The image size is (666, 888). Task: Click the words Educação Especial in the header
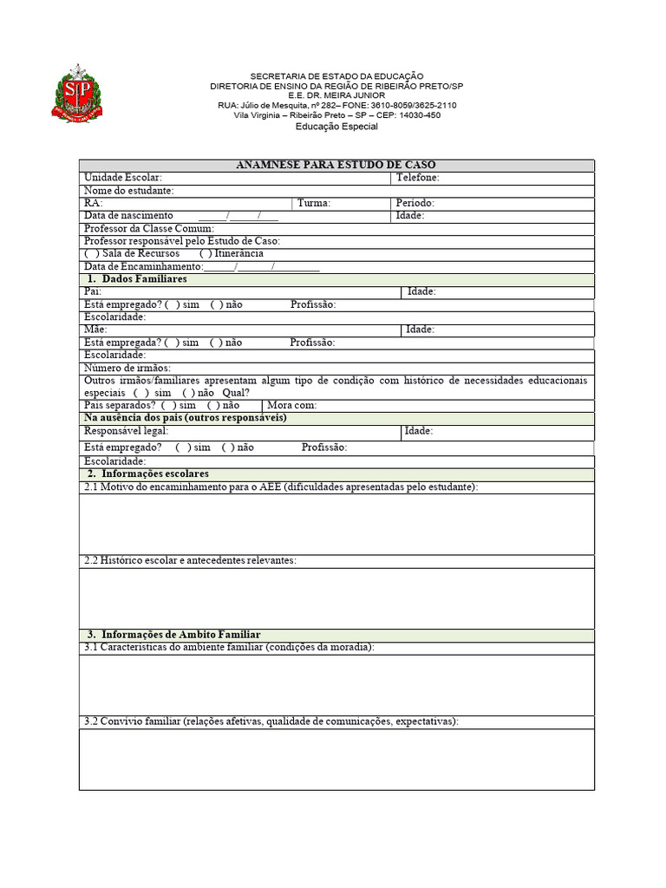[336, 127]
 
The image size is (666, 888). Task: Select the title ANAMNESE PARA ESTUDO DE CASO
[336, 165]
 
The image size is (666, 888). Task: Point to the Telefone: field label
[417, 178]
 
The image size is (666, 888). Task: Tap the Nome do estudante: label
[128, 191]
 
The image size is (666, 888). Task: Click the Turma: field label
[313, 203]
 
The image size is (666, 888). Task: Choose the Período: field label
[415, 203]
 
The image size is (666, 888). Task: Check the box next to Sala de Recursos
[91, 253]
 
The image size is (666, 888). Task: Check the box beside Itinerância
[206, 253]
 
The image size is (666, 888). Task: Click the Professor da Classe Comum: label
[148, 228]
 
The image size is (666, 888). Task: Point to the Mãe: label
[95, 330]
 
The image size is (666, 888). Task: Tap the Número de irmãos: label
[127, 368]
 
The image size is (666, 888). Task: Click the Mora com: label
[292, 406]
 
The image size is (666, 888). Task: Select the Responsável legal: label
[126, 431]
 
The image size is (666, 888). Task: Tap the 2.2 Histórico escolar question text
[190, 560]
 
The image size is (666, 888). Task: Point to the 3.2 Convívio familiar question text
[271, 721]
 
